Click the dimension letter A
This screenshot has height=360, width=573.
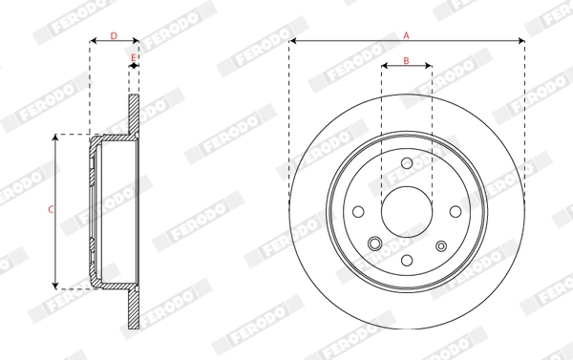click(x=406, y=34)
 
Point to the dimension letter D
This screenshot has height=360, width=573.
click(x=114, y=35)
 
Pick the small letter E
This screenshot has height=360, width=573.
click(x=134, y=57)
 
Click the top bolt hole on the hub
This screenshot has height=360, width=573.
click(x=406, y=162)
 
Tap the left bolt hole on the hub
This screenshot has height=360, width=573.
click(x=357, y=211)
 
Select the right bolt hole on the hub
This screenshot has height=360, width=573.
click(x=455, y=211)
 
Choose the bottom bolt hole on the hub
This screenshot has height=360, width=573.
click(x=406, y=260)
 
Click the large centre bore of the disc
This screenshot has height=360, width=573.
click(x=406, y=211)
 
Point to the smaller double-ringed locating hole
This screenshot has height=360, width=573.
click(x=441, y=245)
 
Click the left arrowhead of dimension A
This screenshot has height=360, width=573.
click(x=292, y=41)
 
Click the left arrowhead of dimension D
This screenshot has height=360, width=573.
click(x=93, y=42)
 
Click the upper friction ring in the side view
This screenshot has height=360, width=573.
click(x=134, y=115)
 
